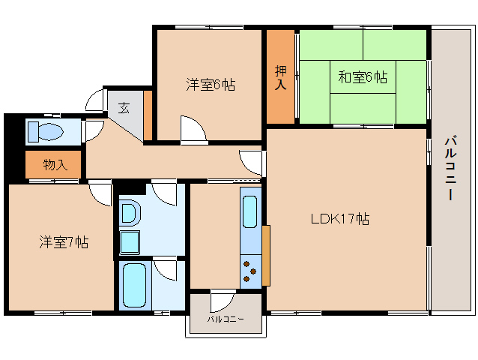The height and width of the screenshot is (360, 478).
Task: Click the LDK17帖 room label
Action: click(x=339, y=220)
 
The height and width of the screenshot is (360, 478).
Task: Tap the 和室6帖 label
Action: click(x=362, y=76)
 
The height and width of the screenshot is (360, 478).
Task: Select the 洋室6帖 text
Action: click(x=211, y=85)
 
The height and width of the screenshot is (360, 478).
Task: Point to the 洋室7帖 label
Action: click(x=64, y=242)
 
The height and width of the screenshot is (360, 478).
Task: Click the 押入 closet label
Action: click(x=280, y=77)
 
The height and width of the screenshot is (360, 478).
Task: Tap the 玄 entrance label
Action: click(x=124, y=107)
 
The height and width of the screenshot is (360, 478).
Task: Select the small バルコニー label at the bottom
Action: click(x=225, y=319)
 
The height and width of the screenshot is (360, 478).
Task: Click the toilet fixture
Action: click(x=45, y=132)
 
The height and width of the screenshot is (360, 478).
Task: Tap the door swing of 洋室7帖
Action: click(x=100, y=193)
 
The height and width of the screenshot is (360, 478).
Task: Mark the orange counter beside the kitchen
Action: click(x=265, y=255)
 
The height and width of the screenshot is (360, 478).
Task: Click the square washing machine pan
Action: click(x=130, y=243)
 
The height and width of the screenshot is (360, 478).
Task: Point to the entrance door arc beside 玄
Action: click(x=95, y=100)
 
